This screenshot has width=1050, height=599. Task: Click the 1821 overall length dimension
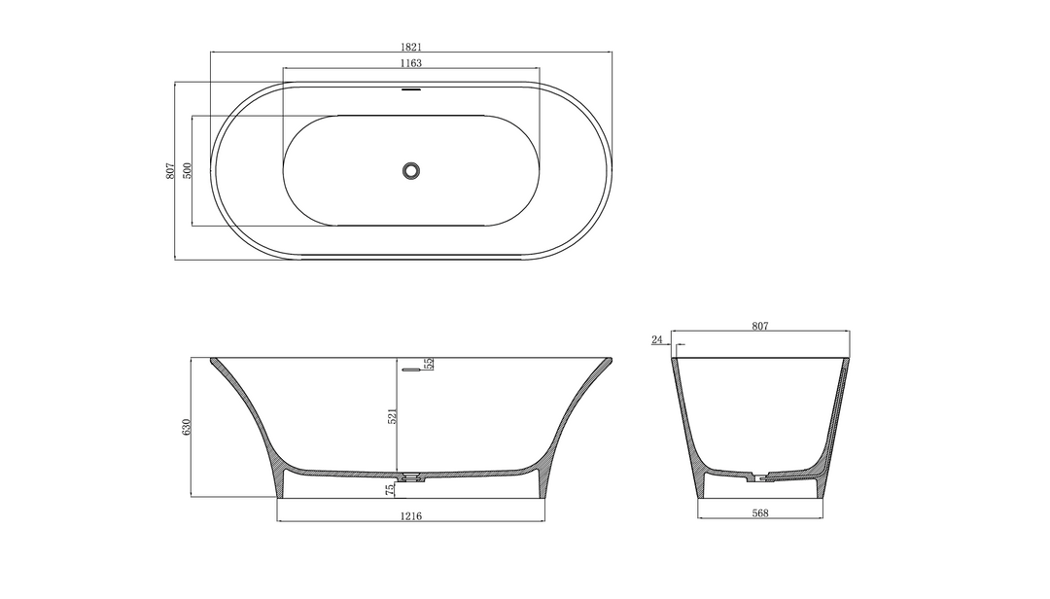[410, 46]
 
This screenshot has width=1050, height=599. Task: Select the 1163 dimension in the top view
[410, 62]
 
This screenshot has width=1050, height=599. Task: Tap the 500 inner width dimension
[188, 170]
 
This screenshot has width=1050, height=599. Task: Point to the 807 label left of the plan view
[169, 170]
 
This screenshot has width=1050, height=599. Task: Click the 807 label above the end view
[760, 327]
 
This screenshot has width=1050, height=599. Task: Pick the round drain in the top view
[410, 170]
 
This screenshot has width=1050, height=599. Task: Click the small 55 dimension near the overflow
[429, 364]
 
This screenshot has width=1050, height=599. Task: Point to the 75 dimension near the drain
[391, 488]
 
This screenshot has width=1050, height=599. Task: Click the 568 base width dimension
[760, 512]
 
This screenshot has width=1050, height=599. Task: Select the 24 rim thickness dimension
[656, 339]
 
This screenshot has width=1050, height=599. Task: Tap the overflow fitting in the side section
[412, 369]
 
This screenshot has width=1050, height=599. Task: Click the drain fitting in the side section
[412, 476]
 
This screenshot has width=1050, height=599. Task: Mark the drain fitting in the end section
[760, 476]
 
